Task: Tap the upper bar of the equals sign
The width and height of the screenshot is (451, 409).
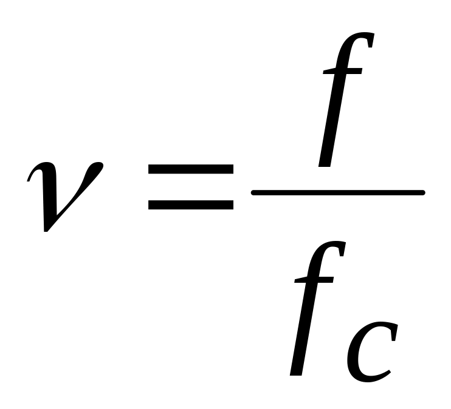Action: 191,170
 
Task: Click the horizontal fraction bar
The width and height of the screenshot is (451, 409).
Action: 337,193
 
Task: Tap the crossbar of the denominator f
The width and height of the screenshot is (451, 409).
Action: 314,280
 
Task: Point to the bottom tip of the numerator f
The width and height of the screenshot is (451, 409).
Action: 325,165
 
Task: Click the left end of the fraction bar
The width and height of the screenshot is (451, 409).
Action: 253,193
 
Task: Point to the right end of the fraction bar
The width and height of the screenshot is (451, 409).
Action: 422,193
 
